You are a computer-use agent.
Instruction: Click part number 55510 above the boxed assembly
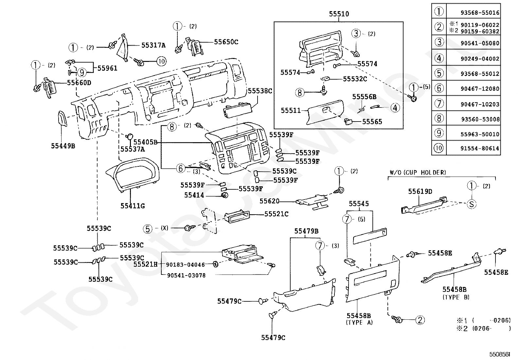coord(339,14)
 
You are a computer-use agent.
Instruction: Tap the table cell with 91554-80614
coord(480,148)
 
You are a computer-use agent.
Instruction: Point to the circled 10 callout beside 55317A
coord(161,61)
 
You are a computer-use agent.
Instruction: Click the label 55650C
coord(226,42)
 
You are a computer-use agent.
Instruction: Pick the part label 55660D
coord(79,83)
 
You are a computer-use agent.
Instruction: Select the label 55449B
coord(63,146)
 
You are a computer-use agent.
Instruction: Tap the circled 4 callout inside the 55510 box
coord(395,108)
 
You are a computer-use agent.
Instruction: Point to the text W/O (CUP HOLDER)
coord(418,172)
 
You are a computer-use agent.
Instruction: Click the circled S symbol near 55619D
coord(472,204)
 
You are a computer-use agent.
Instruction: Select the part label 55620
coord(269,201)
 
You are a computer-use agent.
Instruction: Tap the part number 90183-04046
coord(185,265)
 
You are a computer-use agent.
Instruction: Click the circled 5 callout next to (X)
coord(148,229)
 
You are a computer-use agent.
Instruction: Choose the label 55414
coord(194,195)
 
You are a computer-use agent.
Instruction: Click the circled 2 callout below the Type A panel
coord(420,320)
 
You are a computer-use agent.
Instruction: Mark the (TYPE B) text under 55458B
coord(456,297)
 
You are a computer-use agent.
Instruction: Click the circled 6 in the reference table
coord(439,88)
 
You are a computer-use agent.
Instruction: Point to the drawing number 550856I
coord(499,354)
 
